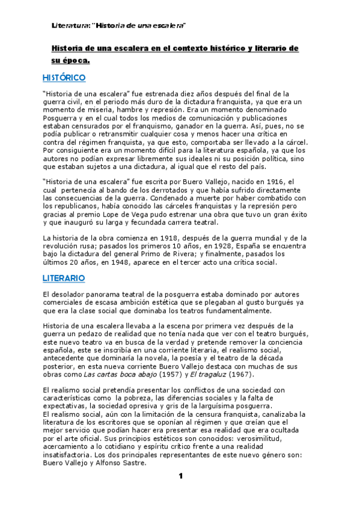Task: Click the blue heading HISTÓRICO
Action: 64,78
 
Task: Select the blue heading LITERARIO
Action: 64,278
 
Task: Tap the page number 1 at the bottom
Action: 180,476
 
